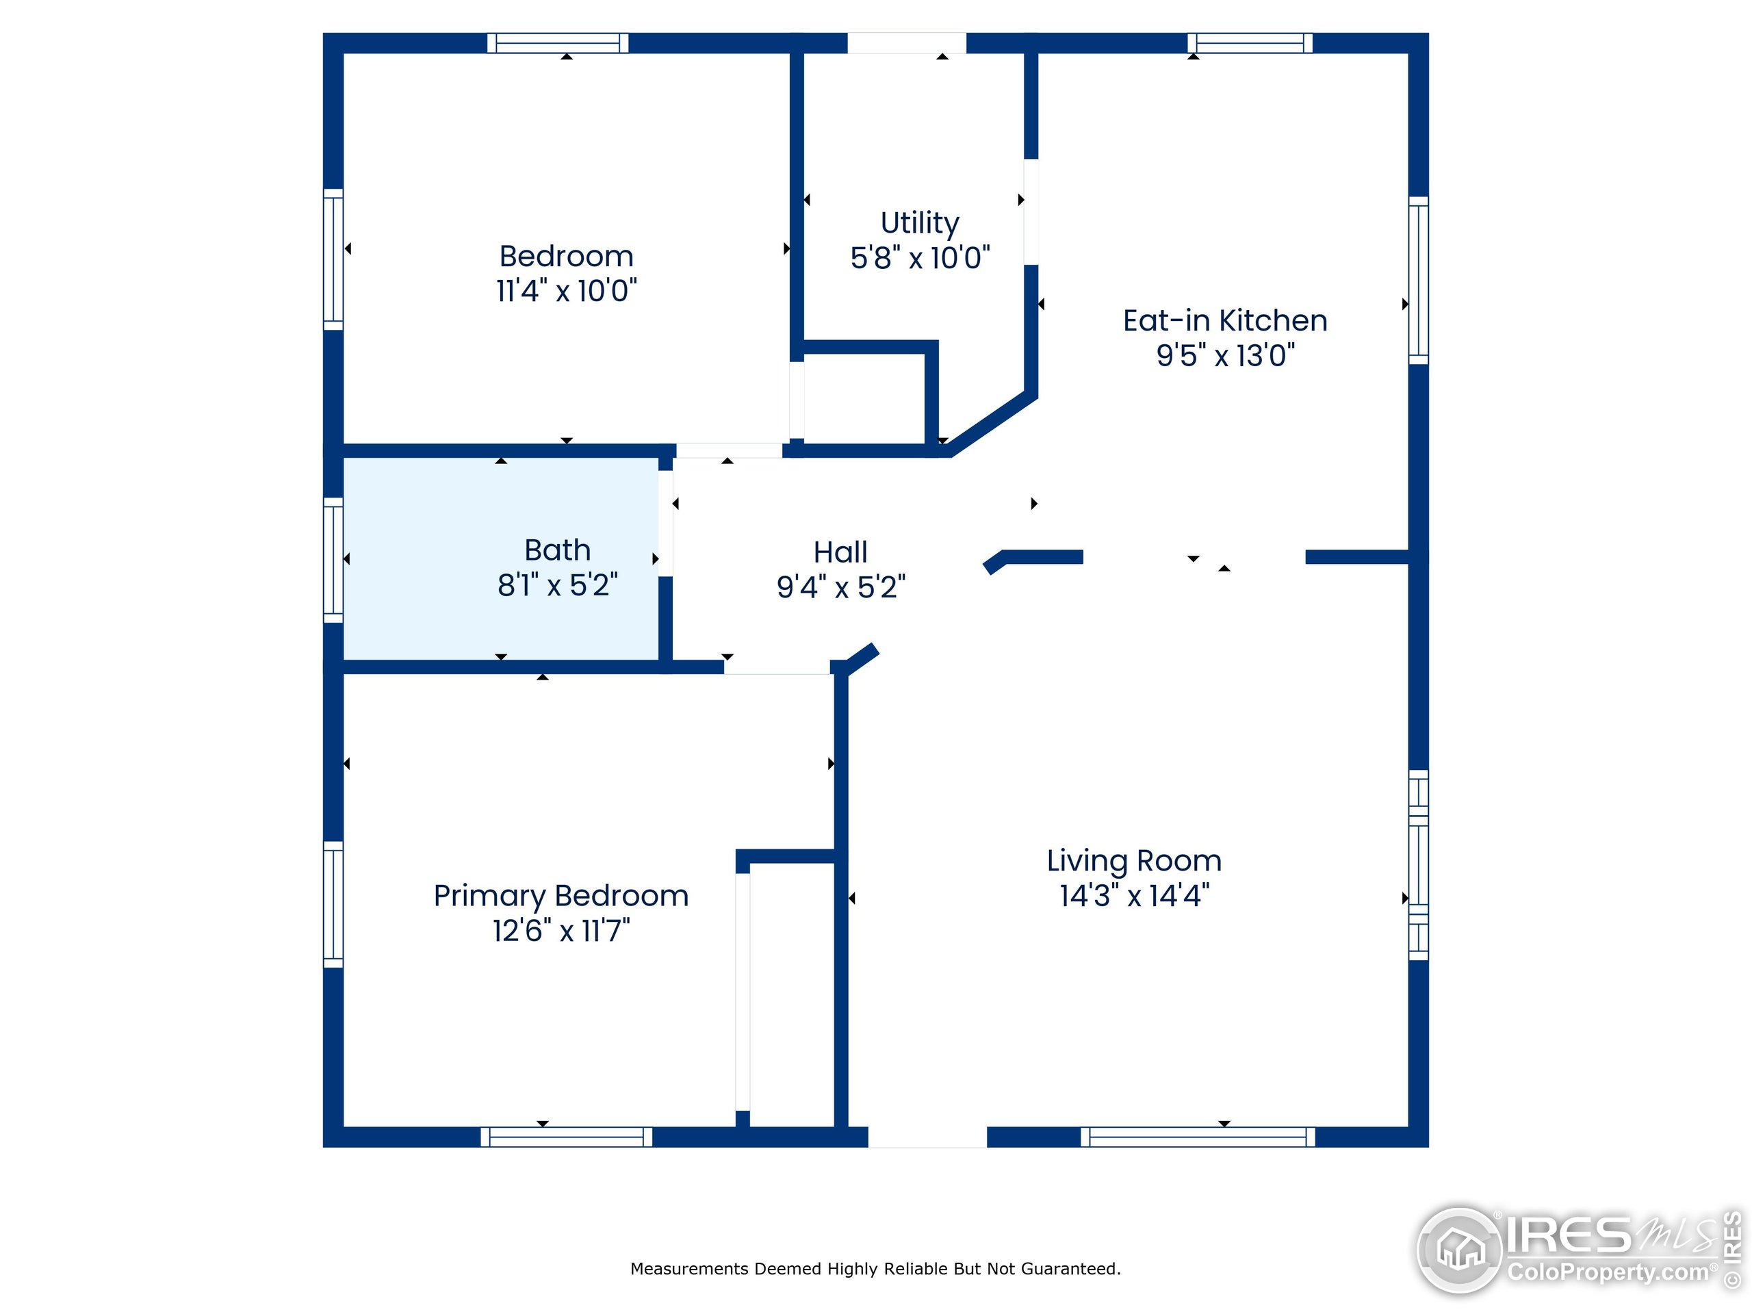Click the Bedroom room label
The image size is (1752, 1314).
pyautogui.click(x=566, y=257)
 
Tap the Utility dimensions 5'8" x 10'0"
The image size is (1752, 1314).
pyautogui.click(x=920, y=258)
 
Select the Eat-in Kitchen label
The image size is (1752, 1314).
pyautogui.click(x=1225, y=321)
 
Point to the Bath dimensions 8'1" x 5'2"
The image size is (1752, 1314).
pyautogui.click(x=558, y=585)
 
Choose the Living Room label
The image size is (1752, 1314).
pyautogui.click(x=1134, y=861)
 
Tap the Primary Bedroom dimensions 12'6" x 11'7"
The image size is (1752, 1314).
pyautogui.click(x=562, y=931)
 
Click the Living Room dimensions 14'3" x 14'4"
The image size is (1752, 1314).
pyautogui.click(x=1134, y=896)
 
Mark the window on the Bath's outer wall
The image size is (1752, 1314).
pyautogui.click(x=333, y=560)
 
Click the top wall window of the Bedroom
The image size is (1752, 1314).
pyautogui.click(x=558, y=42)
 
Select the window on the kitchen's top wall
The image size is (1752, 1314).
pyautogui.click(x=1250, y=42)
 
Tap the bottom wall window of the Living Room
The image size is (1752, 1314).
pyautogui.click(x=1198, y=1137)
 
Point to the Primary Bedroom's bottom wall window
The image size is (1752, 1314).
pyautogui.click(x=566, y=1137)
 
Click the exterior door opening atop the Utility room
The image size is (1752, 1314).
pyautogui.click(x=907, y=42)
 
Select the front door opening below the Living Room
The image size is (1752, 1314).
pyautogui.click(x=927, y=1137)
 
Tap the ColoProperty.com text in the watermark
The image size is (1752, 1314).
pyautogui.click(x=1608, y=1273)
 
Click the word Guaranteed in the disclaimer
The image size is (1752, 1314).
pyautogui.click(x=1070, y=1269)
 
